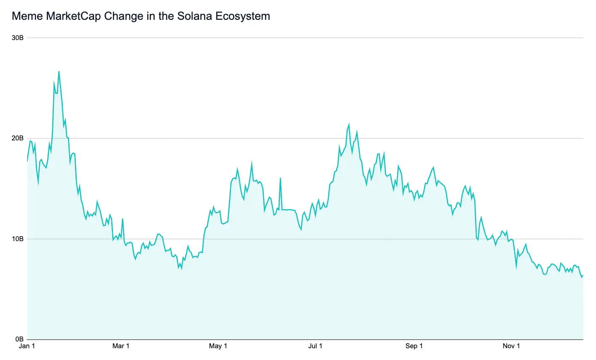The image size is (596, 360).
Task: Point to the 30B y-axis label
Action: click(17, 38)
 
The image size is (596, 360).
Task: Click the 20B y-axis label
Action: click(17, 138)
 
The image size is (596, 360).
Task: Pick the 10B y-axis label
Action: click(17, 239)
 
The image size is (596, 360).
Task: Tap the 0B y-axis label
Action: click(19, 339)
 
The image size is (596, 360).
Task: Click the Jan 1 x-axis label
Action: click(27, 347)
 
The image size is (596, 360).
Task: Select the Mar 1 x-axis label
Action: click(121, 347)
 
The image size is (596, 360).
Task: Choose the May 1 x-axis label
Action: click(218, 347)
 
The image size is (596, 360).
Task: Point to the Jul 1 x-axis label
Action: click(315, 347)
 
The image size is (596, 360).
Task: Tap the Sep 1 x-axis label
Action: click(414, 347)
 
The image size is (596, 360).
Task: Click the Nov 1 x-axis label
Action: click(511, 347)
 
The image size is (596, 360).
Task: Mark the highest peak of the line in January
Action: click(59, 71)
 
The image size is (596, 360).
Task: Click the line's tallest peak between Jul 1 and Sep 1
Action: click(349, 124)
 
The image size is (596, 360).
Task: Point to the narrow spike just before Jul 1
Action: click(280, 178)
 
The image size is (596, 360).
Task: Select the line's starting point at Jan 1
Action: click(27, 161)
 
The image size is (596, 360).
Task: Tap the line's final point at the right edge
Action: click(583, 275)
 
